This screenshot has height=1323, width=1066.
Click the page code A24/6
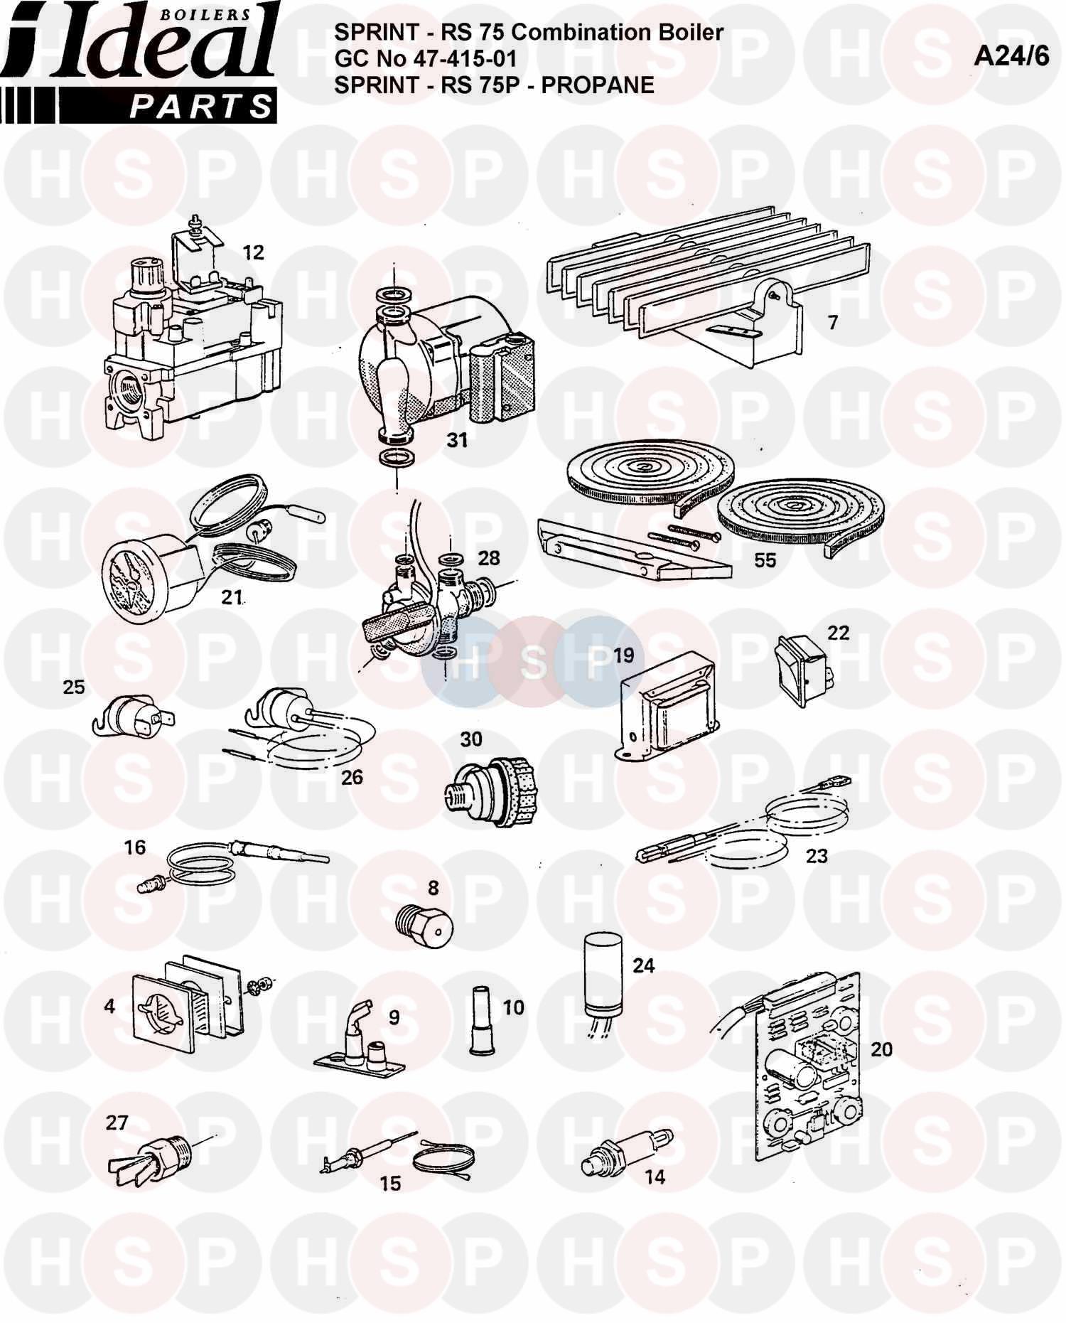tap(1011, 56)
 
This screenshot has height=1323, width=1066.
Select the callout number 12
tap(253, 252)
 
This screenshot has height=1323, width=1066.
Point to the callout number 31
tap(457, 440)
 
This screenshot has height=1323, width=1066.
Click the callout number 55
tap(765, 560)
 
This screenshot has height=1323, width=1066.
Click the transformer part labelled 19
tap(665, 707)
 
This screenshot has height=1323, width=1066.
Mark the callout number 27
tap(117, 1123)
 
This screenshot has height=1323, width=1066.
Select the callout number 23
tap(817, 856)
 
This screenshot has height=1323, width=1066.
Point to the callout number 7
tap(833, 322)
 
